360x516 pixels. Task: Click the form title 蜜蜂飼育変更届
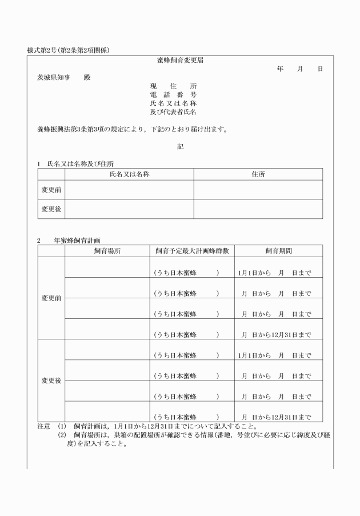(180, 60)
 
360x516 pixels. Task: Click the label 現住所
(173, 86)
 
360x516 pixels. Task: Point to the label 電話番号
(173, 94)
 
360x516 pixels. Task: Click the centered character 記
(180, 147)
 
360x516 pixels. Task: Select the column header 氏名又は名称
(129, 174)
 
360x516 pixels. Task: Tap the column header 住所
(258, 174)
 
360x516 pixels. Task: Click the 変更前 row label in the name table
(51, 190)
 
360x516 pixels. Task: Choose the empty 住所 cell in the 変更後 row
(258, 209)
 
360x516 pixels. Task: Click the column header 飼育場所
(107, 251)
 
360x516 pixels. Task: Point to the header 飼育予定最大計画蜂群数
(192, 251)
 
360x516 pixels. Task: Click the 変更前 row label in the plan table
(51, 298)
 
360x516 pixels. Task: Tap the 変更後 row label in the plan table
(51, 381)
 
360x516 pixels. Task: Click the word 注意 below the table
(44, 426)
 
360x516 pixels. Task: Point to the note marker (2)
(62, 435)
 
